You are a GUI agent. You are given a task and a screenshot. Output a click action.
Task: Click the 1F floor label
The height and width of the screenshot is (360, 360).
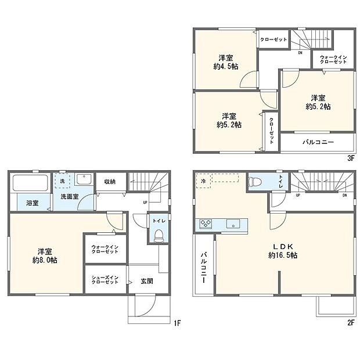[177, 323]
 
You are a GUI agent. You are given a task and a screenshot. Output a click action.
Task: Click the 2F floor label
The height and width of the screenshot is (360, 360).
[351, 323]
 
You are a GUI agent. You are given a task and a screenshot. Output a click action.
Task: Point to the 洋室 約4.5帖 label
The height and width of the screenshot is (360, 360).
[226, 62]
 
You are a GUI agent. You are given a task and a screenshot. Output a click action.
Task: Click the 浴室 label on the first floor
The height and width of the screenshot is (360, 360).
[32, 203]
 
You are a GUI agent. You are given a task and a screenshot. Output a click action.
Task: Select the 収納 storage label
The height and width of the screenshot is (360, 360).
[110, 181]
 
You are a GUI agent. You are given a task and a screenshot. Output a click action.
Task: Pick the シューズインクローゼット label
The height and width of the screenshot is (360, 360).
[105, 279]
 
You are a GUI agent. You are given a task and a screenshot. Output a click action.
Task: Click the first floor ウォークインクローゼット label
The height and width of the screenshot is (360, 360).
[105, 250]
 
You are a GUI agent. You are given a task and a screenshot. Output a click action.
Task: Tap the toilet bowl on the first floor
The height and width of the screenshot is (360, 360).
[158, 235]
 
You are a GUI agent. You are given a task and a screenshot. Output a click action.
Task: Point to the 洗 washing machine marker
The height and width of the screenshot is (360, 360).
[62, 181]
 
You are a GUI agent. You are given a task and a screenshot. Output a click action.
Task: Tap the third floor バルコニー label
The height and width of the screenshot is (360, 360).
[318, 142]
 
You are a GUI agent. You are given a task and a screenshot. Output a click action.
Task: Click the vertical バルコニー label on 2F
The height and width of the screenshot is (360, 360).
[204, 268]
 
